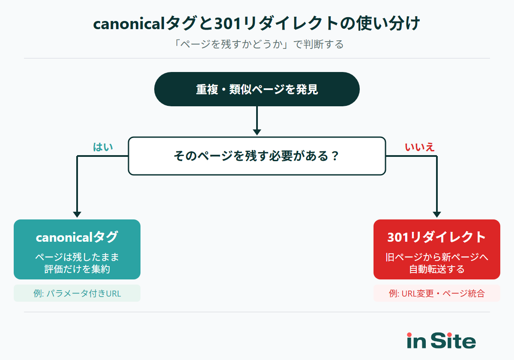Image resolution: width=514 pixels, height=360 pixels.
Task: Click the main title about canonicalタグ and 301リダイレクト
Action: click(x=257, y=24)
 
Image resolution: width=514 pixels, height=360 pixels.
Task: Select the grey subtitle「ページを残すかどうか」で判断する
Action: click(x=257, y=45)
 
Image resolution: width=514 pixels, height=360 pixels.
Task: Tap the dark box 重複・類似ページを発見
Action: click(x=257, y=89)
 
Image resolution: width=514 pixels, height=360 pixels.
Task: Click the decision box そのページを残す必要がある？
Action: click(x=257, y=156)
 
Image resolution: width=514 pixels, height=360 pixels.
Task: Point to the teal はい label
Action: click(x=103, y=147)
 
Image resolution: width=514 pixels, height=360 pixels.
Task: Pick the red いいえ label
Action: click(x=420, y=147)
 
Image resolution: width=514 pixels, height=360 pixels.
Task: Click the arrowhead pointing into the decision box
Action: click(x=257, y=132)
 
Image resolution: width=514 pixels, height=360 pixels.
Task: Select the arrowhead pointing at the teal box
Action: click(x=77, y=214)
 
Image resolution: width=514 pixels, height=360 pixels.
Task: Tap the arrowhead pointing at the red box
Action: click(x=437, y=214)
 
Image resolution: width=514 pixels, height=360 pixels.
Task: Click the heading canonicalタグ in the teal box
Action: click(x=77, y=237)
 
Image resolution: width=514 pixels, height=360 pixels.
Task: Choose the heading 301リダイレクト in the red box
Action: click(x=437, y=237)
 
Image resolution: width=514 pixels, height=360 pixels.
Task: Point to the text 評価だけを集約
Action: click(x=77, y=269)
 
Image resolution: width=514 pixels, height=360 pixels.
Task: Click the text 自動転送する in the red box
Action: click(x=437, y=269)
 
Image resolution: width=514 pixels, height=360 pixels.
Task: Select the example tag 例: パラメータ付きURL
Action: click(x=77, y=294)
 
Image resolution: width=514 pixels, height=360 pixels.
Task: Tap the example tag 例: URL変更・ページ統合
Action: click(x=437, y=294)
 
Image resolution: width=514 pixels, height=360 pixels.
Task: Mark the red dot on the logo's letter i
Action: click(x=409, y=335)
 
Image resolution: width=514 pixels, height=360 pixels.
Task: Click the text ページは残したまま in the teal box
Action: click(x=77, y=257)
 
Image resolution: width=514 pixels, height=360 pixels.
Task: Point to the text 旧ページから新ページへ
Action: click(x=437, y=257)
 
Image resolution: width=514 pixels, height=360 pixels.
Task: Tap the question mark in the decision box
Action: click(x=335, y=156)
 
